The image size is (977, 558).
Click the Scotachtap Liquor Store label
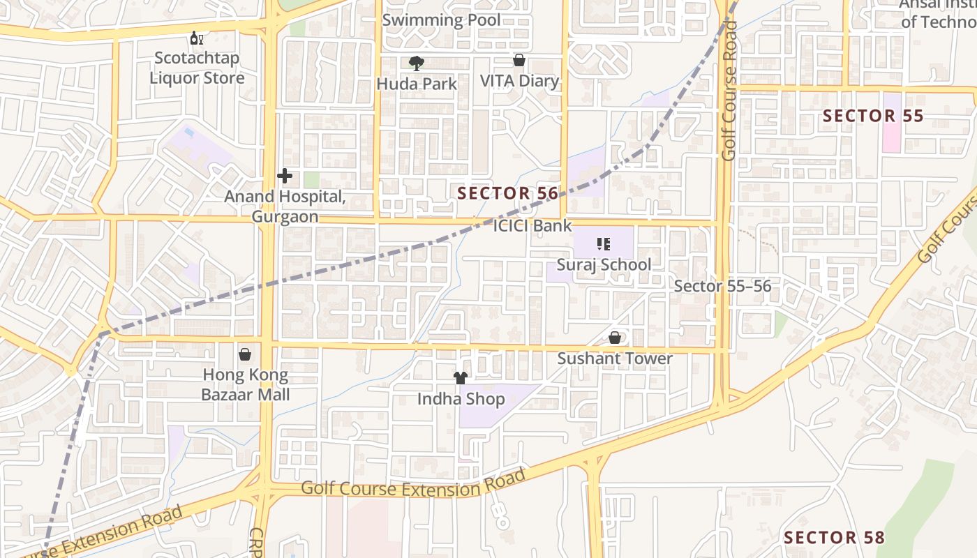pyautogui.click(x=197, y=68)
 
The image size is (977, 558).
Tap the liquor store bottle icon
pyautogui.click(x=197, y=38)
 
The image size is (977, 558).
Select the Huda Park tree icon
pyautogui.click(x=417, y=63)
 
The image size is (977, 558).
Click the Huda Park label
pyautogui.click(x=417, y=84)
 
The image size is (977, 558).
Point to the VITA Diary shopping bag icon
pyautogui.click(x=519, y=60)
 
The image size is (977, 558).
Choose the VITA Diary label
pyautogui.click(x=520, y=81)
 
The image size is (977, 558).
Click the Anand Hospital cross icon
pyautogui.click(x=285, y=176)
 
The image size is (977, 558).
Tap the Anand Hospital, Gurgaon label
pyautogui.click(x=285, y=206)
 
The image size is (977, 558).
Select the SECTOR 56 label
pyautogui.click(x=508, y=193)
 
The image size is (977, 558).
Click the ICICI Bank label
pyautogui.click(x=532, y=225)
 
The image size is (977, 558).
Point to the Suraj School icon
pyautogui.click(x=604, y=244)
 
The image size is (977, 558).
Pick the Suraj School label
pyautogui.click(x=604, y=264)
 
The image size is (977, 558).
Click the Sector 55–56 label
pyautogui.click(x=722, y=286)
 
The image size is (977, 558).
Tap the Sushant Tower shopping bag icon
pyautogui.click(x=615, y=338)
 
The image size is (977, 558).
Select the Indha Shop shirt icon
pyautogui.click(x=461, y=378)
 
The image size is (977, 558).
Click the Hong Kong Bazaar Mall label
pyautogui.click(x=245, y=384)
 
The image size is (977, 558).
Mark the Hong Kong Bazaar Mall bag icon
pyautogui.click(x=245, y=354)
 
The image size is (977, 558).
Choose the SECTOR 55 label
pyautogui.click(x=873, y=116)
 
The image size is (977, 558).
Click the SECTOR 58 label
pyautogui.click(x=834, y=538)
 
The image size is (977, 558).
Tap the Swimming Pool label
pyautogui.click(x=441, y=20)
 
